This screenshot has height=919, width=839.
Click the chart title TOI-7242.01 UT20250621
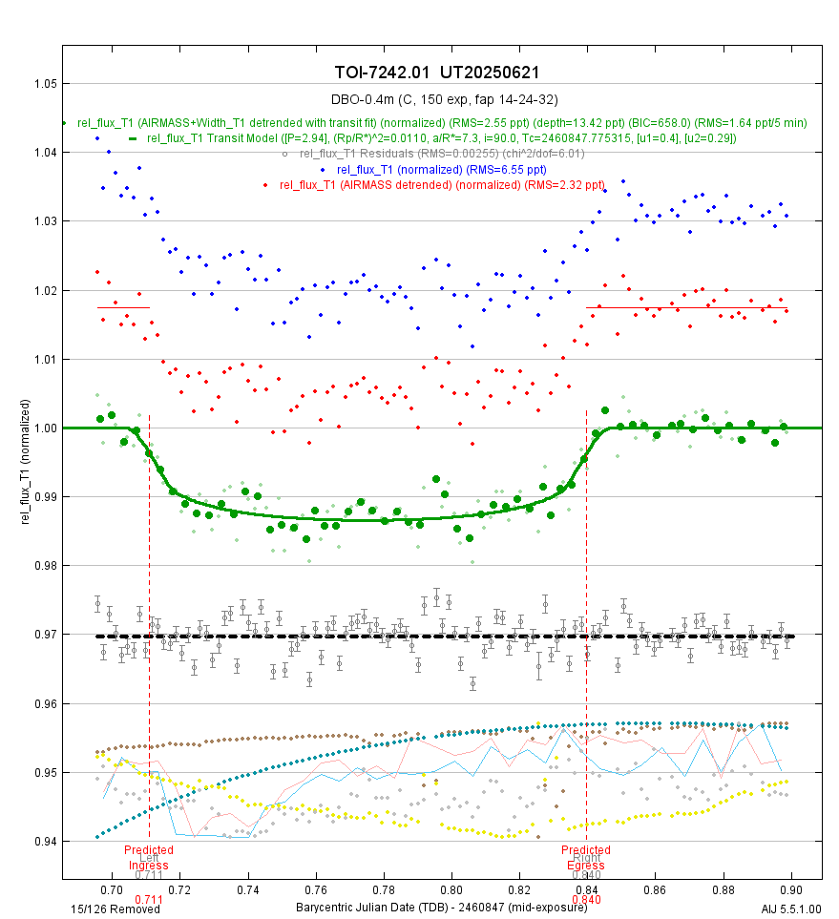(442, 73)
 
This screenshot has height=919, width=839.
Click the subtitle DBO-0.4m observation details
(442, 99)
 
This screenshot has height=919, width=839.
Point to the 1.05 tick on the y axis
(45, 84)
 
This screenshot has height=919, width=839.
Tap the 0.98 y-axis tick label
(45, 565)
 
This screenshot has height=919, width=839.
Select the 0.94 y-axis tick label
(45, 841)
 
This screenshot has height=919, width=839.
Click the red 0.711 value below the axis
(149, 899)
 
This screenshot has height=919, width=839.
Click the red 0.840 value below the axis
(585, 899)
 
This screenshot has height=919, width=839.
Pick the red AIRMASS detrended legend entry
(441, 184)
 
